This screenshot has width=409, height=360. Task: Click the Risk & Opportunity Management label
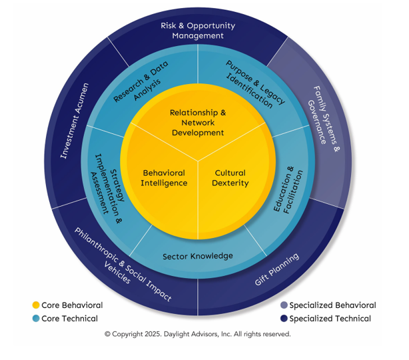[198, 31]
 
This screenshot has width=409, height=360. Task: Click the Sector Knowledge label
[198, 256]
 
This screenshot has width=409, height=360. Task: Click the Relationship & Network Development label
[198, 122]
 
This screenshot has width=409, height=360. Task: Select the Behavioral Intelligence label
[164, 178]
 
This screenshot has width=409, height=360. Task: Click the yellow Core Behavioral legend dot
[35, 305]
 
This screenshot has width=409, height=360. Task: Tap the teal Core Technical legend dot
[35, 319]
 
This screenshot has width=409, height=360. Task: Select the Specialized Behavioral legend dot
[284, 305]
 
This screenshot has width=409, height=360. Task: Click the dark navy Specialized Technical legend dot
[284, 319]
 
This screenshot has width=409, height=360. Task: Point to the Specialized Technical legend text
[330, 319]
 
